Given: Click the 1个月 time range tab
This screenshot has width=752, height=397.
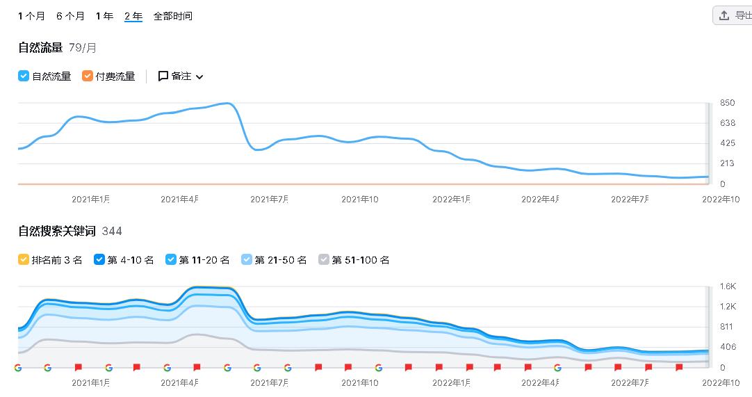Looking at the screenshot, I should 31,16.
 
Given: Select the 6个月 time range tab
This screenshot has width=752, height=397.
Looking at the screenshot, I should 70,16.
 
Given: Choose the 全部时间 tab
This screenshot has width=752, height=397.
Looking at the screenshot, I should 172,16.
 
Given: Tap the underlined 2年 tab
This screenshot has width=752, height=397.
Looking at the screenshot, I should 133,16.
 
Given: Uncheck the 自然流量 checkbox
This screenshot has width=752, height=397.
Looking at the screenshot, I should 24,76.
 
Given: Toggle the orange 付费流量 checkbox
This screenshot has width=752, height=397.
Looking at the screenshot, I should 88,76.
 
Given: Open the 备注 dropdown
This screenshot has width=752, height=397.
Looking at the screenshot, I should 181,76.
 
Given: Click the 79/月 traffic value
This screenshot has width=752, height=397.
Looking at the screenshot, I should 83,48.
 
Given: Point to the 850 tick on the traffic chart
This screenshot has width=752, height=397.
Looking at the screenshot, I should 727,103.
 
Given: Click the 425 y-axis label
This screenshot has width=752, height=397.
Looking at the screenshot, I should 727,143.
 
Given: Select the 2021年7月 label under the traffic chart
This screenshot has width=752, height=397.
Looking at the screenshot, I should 269,200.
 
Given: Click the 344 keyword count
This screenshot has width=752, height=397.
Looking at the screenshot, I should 112,231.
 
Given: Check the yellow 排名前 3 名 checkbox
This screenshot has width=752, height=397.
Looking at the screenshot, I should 24,260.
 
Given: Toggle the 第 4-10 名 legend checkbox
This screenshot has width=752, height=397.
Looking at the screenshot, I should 99,260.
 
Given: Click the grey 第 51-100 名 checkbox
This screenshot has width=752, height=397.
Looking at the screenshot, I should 324,260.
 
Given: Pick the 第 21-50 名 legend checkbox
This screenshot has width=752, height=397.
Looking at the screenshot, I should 247,260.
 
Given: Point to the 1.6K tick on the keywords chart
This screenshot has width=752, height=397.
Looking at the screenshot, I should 728,286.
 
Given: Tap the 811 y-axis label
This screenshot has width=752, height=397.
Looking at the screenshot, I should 727,327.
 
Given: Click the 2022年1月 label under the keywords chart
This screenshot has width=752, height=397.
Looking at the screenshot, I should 451,382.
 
